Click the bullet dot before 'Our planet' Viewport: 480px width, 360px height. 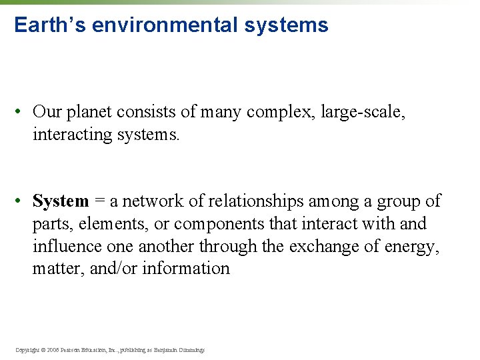(21, 112)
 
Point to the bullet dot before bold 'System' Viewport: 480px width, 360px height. (21, 201)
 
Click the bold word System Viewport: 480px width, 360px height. (61, 201)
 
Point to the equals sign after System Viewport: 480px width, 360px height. (100, 201)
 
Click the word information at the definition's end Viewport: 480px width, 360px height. (186, 268)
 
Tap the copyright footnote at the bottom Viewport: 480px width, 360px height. (110, 349)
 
